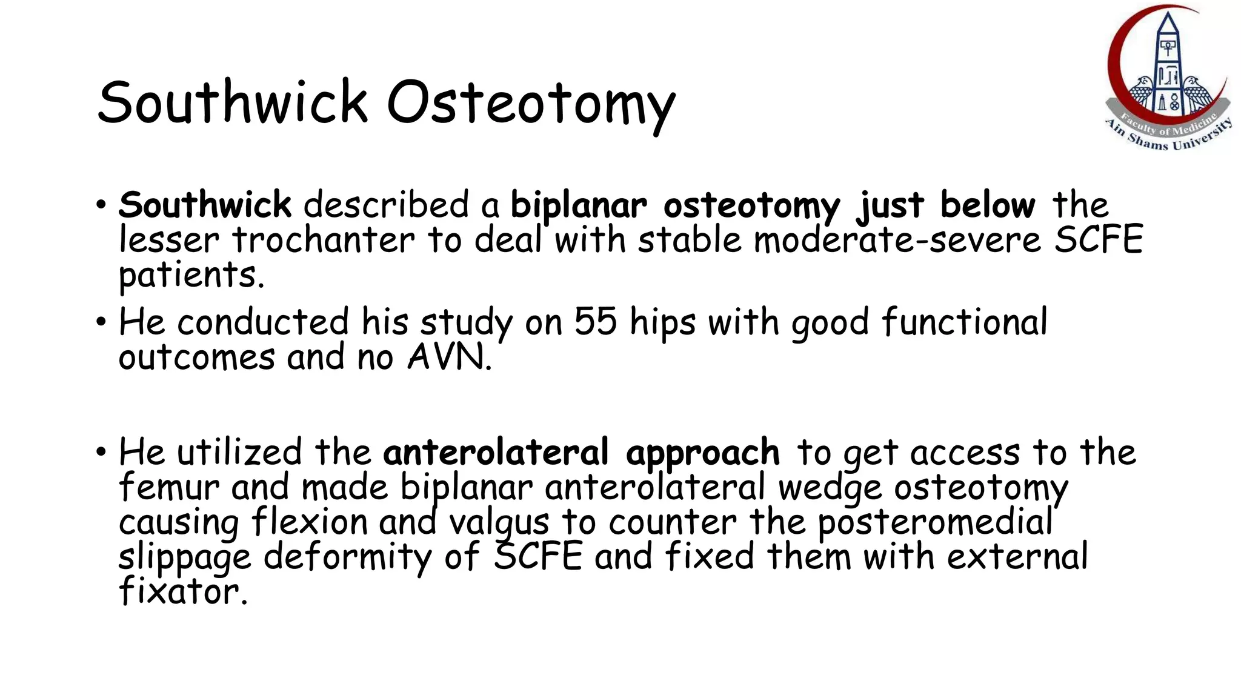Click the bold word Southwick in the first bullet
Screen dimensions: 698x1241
click(205, 205)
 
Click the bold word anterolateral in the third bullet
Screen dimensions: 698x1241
click(496, 453)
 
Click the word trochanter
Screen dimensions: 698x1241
click(324, 240)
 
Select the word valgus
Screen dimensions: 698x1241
click(499, 522)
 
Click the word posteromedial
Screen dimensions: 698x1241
click(935, 522)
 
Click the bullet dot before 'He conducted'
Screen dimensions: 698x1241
click(101, 322)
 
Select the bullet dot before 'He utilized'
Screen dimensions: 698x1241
click(101, 452)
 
